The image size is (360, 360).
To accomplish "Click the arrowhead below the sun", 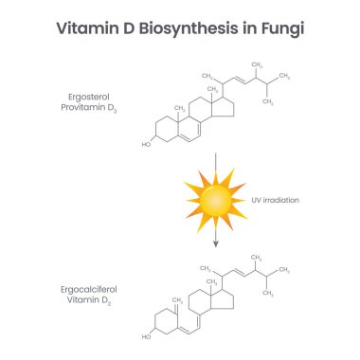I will [215, 243].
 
